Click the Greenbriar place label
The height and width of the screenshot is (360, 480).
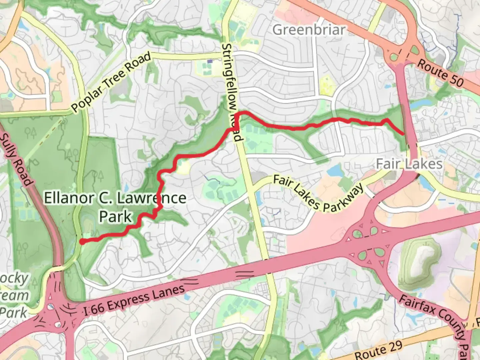[309, 30]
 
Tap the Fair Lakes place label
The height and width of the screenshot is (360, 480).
[409, 164]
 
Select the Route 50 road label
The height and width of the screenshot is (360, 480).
[440, 73]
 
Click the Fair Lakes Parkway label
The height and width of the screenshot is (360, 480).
[318, 193]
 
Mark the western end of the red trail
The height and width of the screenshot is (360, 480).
[82, 242]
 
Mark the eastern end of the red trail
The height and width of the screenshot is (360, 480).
[403, 134]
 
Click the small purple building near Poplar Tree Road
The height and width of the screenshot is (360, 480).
[210, 61]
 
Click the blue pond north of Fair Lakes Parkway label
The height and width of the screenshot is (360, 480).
[333, 171]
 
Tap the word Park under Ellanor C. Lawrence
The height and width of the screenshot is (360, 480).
[115, 216]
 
